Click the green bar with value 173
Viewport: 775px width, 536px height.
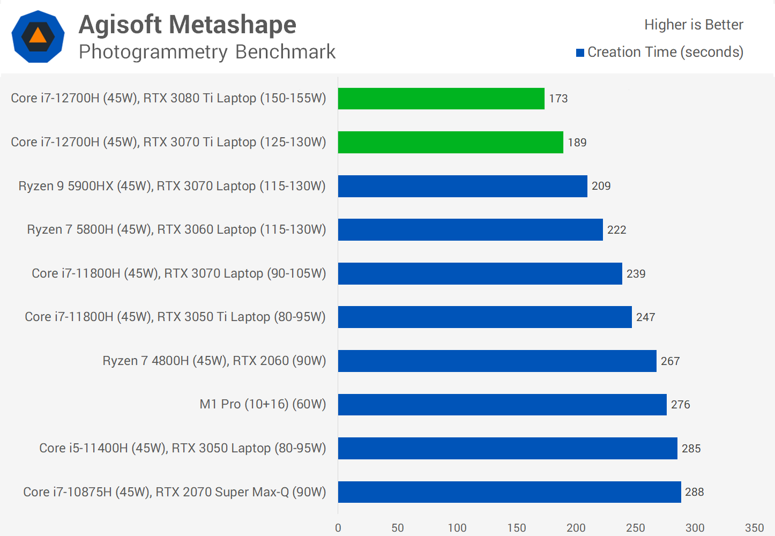(441, 99)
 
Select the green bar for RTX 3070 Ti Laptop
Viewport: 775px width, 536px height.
(450, 142)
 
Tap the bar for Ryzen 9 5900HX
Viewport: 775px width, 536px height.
(463, 186)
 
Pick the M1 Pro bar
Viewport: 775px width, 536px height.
(502, 405)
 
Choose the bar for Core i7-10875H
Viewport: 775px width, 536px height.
(509, 492)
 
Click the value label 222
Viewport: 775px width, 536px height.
(616, 230)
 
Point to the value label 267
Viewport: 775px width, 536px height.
(670, 361)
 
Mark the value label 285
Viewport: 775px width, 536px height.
(691, 449)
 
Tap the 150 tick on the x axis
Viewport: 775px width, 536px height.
(517, 528)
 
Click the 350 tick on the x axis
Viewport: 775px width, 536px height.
(754, 528)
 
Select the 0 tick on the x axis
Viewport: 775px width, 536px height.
(338, 528)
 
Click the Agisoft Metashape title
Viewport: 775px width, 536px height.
(188, 25)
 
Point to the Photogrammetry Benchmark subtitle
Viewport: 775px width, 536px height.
(207, 52)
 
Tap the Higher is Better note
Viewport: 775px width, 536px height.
(694, 25)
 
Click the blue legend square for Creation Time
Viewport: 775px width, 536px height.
(580, 53)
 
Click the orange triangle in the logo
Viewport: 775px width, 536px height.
(38, 36)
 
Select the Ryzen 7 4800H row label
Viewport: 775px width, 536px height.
(214, 361)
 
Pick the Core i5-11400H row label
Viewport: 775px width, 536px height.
(183, 448)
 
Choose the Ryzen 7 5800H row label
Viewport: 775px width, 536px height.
(176, 229)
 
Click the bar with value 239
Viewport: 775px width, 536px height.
(480, 273)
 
